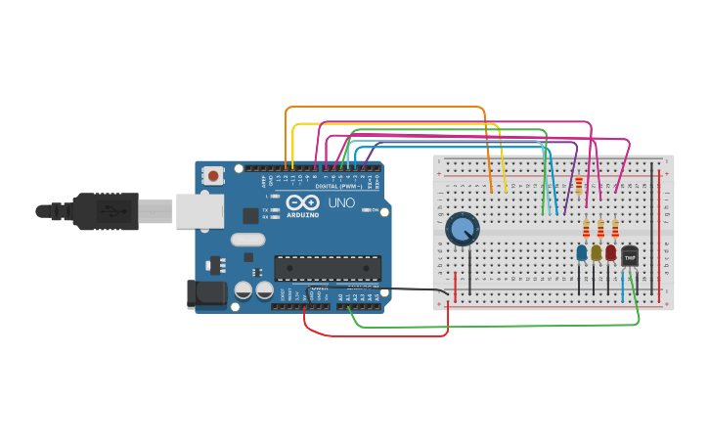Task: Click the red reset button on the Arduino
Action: (x=213, y=176)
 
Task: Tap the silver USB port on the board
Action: (x=199, y=211)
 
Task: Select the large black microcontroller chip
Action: (x=327, y=267)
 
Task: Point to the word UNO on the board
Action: (x=341, y=203)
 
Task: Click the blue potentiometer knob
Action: (x=463, y=230)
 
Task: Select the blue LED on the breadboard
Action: (x=582, y=253)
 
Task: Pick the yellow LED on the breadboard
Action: (x=596, y=253)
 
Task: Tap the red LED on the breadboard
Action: (x=610, y=253)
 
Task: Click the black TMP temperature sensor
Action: (x=630, y=256)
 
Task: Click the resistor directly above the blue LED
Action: (x=586, y=229)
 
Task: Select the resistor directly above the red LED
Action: (x=614, y=229)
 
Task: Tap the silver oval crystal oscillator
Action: (x=247, y=239)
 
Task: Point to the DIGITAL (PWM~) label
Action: (x=338, y=185)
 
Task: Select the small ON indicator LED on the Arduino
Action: (x=366, y=209)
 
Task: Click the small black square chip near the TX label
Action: (x=250, y=215)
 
